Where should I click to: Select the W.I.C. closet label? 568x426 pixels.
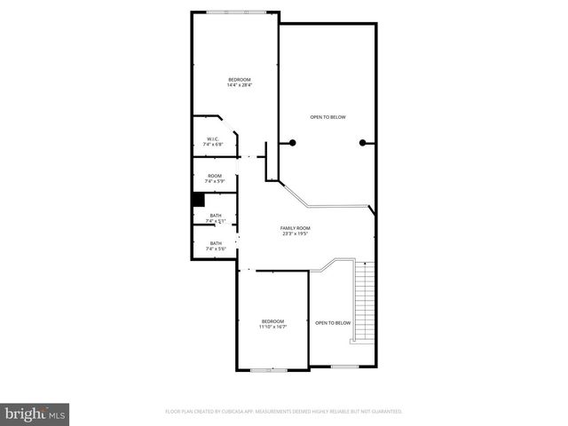point(214,138)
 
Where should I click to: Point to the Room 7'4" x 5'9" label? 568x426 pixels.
point(215,176)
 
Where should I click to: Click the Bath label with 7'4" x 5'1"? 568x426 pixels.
point(216,216)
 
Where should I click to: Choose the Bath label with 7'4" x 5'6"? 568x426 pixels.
point(216,243)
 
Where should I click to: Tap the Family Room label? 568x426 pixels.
point(296,228)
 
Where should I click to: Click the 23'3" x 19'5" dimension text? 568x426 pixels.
point(296,234)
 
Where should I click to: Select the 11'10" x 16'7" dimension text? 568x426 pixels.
point(272,327)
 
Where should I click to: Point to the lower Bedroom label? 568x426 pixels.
point(272,320)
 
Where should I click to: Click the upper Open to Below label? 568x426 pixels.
point(327,117)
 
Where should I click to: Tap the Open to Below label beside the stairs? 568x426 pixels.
point(333,322)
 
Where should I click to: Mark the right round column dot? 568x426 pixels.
point(362,143)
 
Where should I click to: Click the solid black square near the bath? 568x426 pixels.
point(199,201)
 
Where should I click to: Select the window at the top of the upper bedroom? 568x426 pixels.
point(235,12)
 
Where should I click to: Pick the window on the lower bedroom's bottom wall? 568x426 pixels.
point(264,369)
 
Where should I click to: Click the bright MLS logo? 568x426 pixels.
point(35,414)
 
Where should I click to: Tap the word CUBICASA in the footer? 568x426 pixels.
point(228,412)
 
